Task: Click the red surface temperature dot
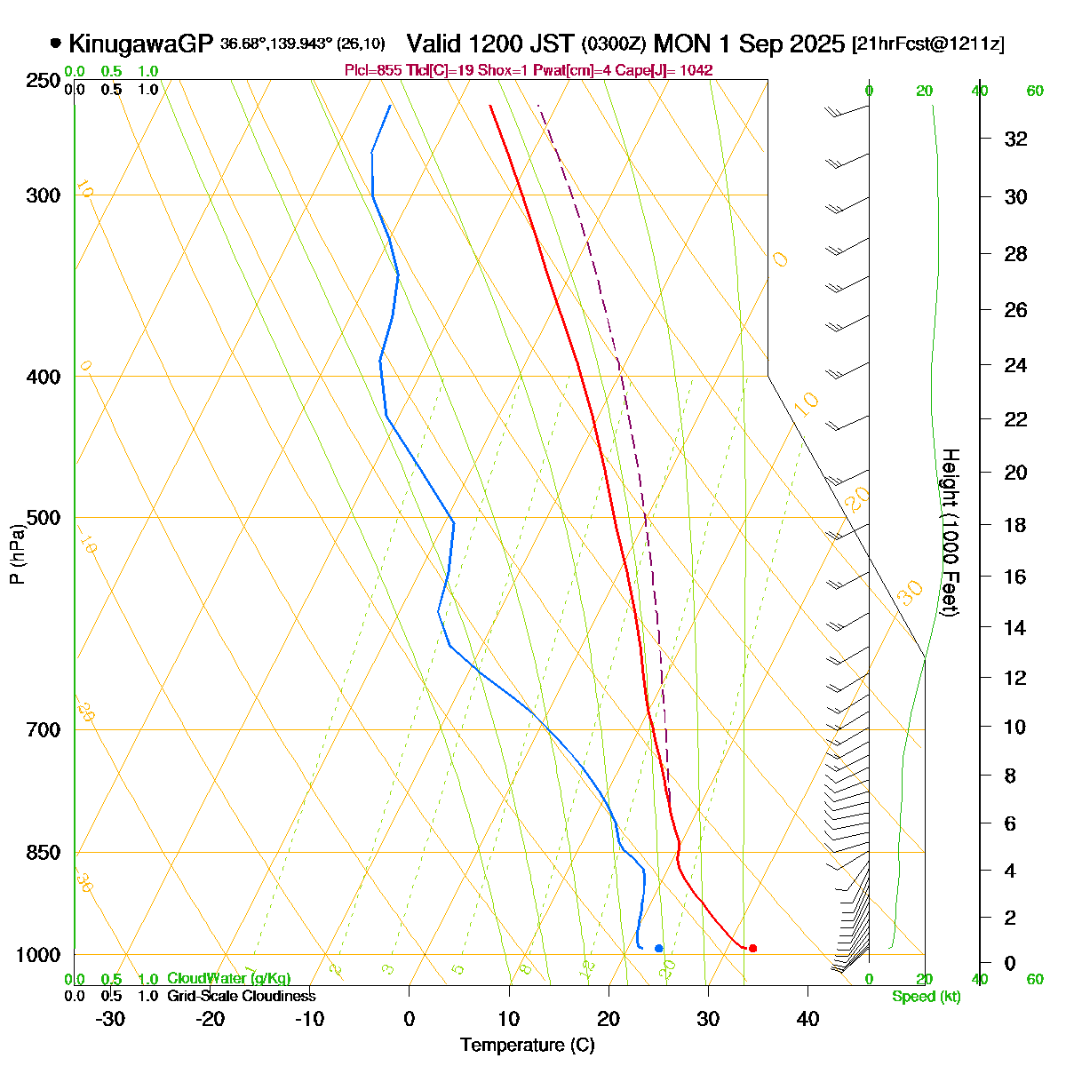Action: point(752,948)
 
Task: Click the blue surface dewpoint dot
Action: point(658,948)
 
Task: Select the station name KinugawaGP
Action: point(141,44)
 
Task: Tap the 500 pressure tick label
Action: point(44,518)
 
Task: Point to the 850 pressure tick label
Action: point(44,853)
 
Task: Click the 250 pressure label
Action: point(44,81)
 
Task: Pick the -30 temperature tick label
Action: point(109,1019)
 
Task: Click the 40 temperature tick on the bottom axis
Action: point(807,1019)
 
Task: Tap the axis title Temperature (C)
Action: point(528,1046)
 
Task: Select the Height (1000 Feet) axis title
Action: point(949,533)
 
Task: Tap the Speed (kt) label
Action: point(927,997)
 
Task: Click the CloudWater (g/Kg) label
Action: point(228,978)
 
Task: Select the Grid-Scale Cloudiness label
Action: point(241,996)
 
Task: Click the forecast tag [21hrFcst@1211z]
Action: point(928,44)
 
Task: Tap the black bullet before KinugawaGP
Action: point(56,43)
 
